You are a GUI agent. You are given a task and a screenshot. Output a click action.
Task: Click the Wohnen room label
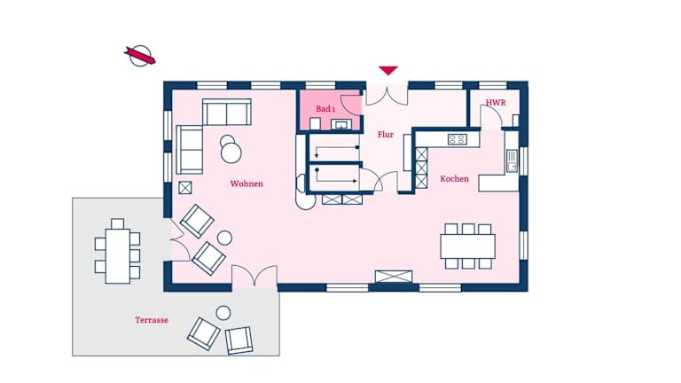pos(247,184)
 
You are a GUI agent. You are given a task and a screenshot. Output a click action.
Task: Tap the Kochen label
pos(454,178)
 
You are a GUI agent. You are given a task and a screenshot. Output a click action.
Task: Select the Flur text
pos(385,135)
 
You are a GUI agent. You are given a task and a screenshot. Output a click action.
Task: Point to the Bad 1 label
pos(325,108)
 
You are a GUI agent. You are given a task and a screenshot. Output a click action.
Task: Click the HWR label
pos(496,103)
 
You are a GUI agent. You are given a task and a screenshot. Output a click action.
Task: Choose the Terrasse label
pos(152,320)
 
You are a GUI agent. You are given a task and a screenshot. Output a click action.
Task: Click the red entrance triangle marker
pos(387,70)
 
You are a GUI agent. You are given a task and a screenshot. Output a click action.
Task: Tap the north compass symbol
pos(140,56)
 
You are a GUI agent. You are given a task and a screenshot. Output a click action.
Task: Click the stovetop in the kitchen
pos(457,139)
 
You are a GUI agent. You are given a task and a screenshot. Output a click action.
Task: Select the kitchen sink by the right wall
pos(512,160)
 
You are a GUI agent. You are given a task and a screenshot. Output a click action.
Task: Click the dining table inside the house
pos(468,246)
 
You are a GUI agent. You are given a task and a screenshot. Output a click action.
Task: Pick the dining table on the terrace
pos(118,256)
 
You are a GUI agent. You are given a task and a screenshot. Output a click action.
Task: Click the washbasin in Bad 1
pos(341,125)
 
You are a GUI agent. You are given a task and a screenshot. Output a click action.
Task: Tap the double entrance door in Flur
pos(387,96)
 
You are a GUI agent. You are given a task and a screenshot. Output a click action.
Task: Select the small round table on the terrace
pos(223,313)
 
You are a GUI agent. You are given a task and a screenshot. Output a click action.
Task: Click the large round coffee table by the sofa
pos(231,152)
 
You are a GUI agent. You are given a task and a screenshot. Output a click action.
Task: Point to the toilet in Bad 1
pos(315,124)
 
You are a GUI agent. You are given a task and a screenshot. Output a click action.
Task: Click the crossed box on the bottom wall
pos(394,277)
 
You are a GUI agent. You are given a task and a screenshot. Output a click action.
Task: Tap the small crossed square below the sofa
pos(185,188)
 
